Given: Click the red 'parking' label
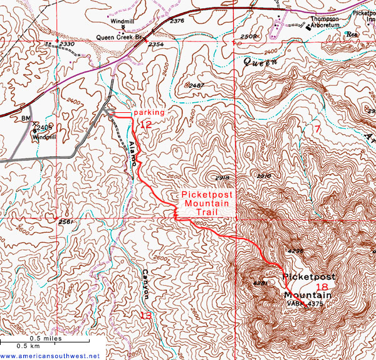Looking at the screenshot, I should [149, 112].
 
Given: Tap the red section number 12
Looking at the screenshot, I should [145, 125].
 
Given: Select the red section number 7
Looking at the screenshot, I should [318, 129].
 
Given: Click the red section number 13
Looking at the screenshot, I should [145, 315].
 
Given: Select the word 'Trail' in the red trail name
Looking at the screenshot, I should [207, 213].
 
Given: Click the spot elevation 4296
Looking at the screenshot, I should [295, 250].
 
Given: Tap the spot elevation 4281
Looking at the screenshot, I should [261, 283].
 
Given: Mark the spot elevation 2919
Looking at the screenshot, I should [221, 178].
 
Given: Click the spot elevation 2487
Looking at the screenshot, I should [196, 85].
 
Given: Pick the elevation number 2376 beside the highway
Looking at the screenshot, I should [177, 21].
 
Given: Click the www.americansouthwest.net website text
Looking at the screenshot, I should [50, 356].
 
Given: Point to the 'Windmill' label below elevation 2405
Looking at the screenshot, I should [44, 136].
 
